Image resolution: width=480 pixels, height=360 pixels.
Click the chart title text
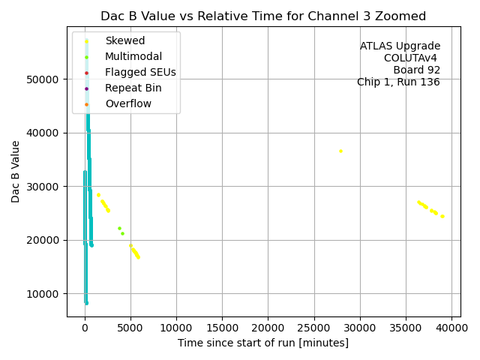point(262,16)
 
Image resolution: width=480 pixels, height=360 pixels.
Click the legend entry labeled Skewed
point(124,40)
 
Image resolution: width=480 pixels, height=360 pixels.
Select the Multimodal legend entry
point(133,56)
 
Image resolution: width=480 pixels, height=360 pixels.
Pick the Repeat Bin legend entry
point(133,88)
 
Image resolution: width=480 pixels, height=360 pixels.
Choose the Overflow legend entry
point(128,104)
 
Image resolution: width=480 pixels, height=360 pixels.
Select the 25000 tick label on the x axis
point(314,328)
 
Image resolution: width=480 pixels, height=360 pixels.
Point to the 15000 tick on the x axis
point(222,328)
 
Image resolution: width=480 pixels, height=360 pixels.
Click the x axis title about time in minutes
point(262,343)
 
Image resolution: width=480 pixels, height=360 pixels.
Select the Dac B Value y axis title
point(16,171)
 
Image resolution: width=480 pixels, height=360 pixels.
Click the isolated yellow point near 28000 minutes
point(340,151)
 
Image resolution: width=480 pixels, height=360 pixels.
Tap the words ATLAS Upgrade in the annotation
point(400,46)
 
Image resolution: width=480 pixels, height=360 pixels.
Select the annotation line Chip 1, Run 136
point(398,82)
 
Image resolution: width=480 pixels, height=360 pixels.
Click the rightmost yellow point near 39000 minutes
point(442,216)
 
